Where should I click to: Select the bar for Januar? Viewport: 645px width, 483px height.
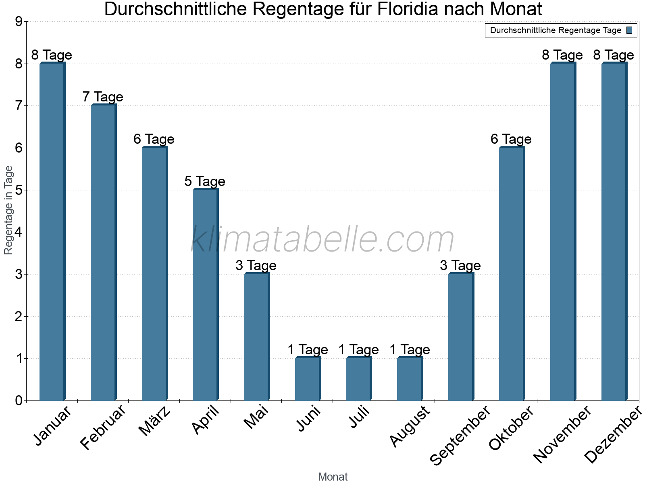tap(52, 231)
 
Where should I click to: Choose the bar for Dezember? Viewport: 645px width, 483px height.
tap(614, 231)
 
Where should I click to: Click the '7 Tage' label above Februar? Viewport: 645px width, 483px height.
tap(103, 97)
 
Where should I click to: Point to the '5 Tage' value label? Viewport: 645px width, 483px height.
tap(205, 182)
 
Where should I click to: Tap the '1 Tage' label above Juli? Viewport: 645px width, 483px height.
tap(358, 350)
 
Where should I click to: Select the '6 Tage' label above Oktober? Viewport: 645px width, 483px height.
tap(511, 139)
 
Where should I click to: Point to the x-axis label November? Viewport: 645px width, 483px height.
tap(562, 435)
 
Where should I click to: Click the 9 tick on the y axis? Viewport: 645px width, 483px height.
tap(19, 22)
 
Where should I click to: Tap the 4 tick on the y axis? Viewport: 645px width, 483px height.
tap(19, 232)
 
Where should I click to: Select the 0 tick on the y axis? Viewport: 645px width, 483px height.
tap(19, 400)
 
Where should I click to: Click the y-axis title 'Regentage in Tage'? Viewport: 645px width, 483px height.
tap(8, 210)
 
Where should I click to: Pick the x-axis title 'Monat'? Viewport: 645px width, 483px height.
tap(333, 477)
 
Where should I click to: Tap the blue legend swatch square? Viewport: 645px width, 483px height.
tap(630, 30)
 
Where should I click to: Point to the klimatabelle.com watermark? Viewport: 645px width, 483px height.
tap(322, 240)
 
